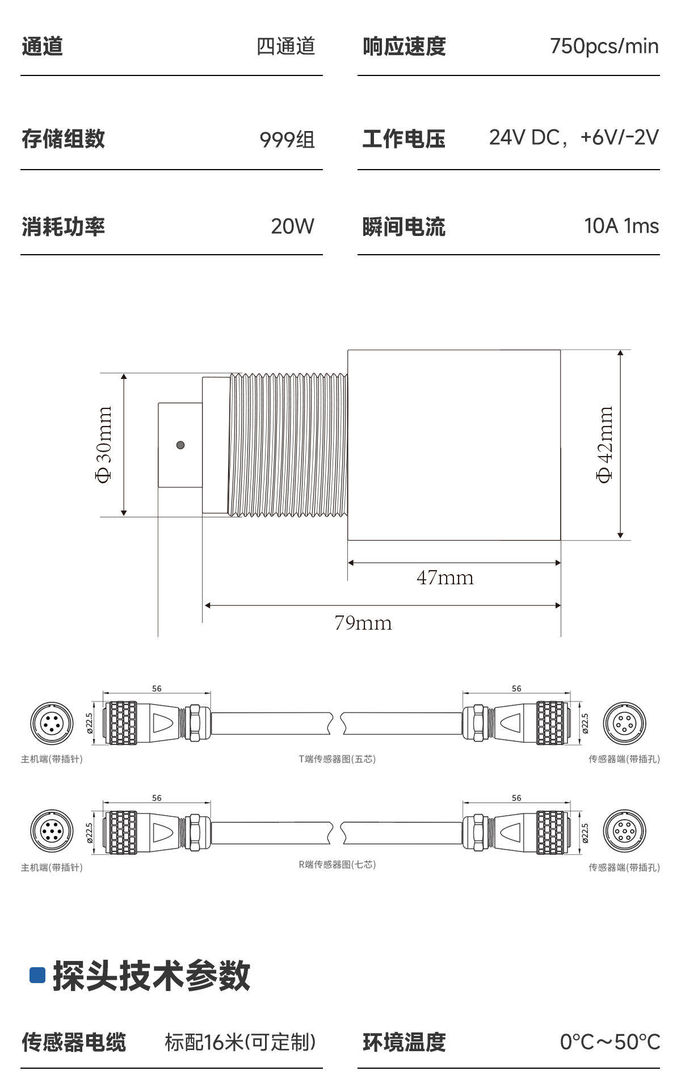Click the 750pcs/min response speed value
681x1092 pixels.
(604, 47)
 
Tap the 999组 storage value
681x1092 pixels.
(287, 139)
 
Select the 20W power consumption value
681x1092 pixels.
(292, 226)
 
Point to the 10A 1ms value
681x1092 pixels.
(621, 226)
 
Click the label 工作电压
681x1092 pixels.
(404, 139)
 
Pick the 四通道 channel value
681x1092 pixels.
(285, 47)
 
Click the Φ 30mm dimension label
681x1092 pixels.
(104, 445)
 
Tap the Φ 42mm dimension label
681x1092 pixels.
(605, 444)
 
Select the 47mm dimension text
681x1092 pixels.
(445, 577)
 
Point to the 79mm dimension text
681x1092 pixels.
(363, 623)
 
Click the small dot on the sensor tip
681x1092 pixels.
(180, 445)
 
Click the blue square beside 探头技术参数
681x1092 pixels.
(37, 975)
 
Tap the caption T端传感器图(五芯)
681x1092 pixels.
(338, 759)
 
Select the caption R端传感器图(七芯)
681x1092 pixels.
(338, 865)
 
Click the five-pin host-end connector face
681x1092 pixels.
(52, 723)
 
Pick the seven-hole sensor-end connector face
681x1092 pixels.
(624, 832)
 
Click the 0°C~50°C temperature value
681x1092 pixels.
(610, 1042)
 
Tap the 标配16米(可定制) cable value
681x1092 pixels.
(241, 1042)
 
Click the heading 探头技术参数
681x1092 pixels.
(151, 976)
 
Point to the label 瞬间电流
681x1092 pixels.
(404, 227)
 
